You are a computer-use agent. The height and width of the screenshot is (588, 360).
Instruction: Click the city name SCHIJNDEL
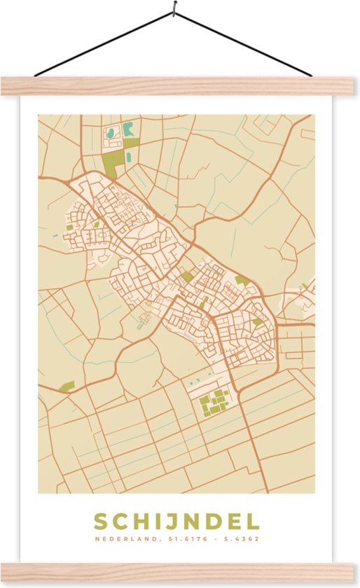click(x=176, y=521)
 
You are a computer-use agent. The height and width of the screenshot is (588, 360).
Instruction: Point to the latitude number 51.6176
click(x=186, y=540)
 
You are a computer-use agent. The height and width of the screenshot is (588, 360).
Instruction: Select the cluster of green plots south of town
click(x=214, y=401)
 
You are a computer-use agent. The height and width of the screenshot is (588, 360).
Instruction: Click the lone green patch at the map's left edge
click(x=67, y=386)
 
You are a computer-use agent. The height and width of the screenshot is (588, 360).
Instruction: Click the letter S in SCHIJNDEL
click(x=100, y=521)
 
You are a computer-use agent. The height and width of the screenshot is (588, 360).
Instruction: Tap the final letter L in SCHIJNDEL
click(x=253, y=521)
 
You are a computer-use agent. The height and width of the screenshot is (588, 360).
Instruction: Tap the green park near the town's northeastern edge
click(x=242, y=281)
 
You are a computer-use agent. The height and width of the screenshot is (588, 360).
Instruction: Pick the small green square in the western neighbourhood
click(x=69, y=226)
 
